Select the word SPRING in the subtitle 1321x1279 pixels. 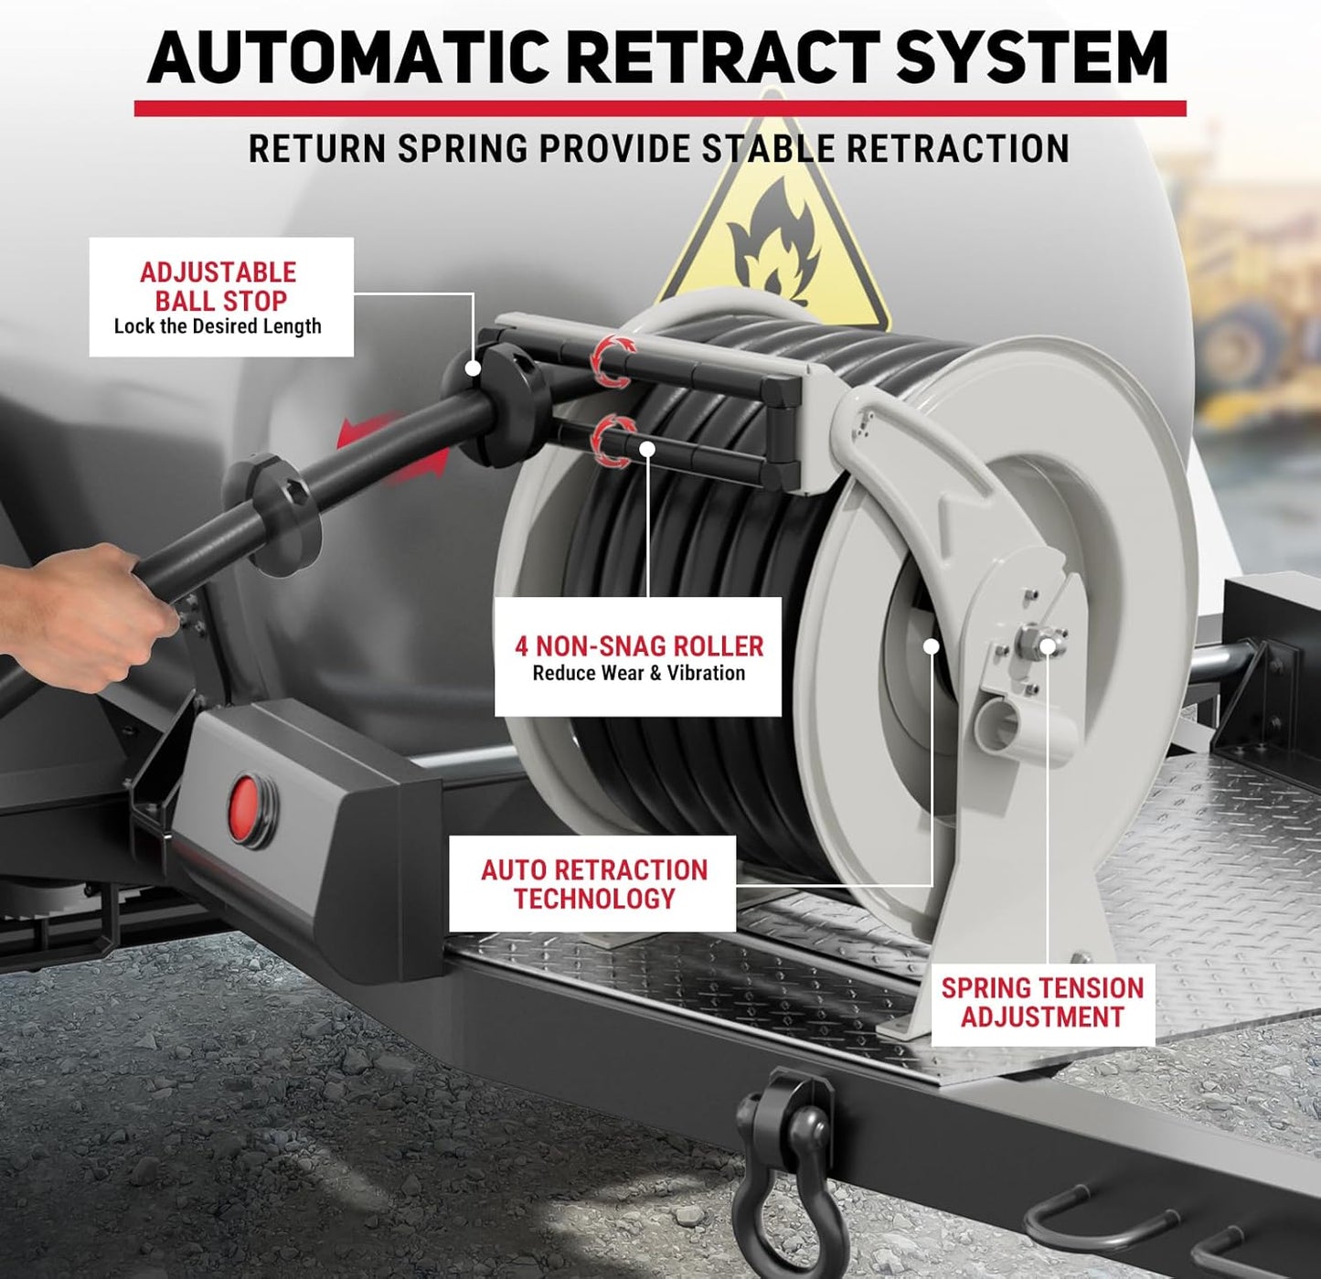click(463, 149)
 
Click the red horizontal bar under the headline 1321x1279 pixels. click(660, 108)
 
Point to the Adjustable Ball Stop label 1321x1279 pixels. click(221, 297)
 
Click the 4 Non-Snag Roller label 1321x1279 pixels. click(638, 656)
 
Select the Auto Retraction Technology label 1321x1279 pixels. click(592, 883)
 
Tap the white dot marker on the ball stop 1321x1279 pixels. click(474, 368)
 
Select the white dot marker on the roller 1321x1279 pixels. click(647, 449)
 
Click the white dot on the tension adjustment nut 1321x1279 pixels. click(1048, 646)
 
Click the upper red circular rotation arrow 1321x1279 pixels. click(613, 360)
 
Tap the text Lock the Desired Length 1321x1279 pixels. click(218, 326)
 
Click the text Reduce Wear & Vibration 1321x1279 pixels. click(639, 674)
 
